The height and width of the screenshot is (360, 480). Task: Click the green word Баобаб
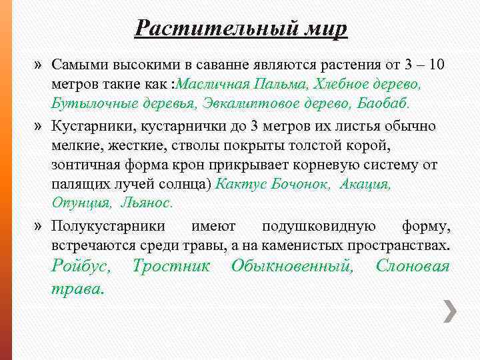[385, 105]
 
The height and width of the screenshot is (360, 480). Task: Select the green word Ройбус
[85, 267]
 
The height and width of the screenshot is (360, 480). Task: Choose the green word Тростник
[171, 267]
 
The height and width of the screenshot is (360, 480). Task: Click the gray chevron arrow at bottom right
[451, 311]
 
